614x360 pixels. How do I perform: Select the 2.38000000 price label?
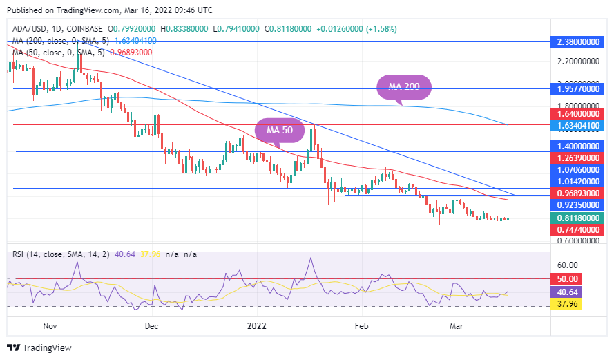[578, 41]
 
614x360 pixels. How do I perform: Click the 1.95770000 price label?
[578, 89]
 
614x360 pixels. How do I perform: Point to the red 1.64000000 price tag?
[578, 113]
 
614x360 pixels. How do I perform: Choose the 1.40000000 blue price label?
[578, 146]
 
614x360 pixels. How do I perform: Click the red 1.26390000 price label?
[578, 158]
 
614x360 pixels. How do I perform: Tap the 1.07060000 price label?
[578, 169]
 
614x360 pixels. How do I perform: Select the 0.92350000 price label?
[578, 205]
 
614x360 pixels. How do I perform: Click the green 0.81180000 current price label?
[578, 218]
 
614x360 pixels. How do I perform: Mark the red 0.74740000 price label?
[578, 229]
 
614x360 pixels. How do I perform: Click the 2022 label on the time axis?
[256, 325]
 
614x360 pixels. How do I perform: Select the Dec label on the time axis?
[152, 325]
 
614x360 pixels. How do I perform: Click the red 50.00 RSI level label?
[568, 278]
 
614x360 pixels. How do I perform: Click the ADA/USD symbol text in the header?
[28, 29]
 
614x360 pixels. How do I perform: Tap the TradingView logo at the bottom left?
[39, 347]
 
